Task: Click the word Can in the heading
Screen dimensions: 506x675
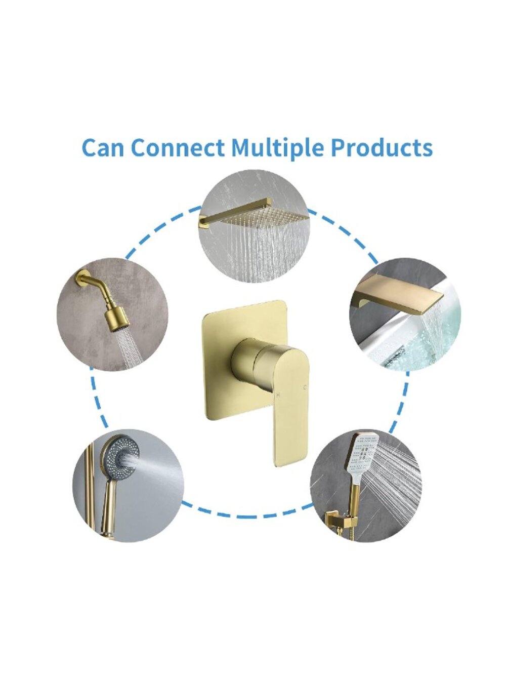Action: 103,147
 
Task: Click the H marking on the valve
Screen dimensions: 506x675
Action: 278,395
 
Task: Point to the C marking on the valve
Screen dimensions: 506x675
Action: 305,388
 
